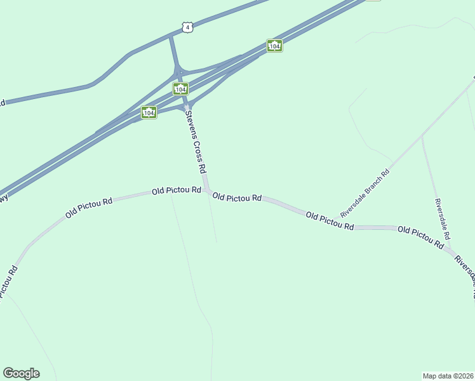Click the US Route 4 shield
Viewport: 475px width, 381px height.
(x=186, y=27)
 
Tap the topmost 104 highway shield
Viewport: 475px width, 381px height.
(x=274, y=46)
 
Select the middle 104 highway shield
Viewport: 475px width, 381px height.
(x=180, y=88)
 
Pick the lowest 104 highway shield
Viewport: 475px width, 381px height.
(x=149, y=112)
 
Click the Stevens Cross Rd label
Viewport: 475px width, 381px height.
(x=196, y=142)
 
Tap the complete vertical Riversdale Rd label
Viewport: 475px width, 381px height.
(x=443, y=218)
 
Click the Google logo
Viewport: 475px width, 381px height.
(x=21, y=373)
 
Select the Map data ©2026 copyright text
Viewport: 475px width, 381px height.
(x=448, y=376)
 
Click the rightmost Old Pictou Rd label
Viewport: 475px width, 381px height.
(x=420, y=236)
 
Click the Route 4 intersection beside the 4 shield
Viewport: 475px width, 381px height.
(x=170, y=36)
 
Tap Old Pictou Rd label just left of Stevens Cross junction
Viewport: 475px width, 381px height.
(x=176, y=190)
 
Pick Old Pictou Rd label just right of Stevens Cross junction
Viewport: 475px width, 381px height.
(x=237, y=197)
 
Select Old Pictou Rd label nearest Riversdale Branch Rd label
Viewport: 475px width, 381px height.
(x=329, y=221)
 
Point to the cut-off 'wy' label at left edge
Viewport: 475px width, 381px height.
(x=4, y=199)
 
